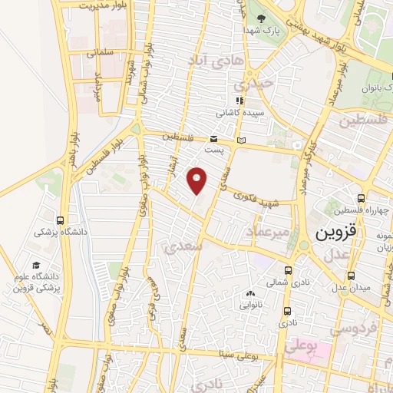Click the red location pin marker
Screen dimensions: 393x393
(197, 180)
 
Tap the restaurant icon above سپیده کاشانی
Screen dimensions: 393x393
(240, 101)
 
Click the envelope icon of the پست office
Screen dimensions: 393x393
(214, 138)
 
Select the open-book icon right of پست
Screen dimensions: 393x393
(242, 140)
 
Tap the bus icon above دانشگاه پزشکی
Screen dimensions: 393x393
(61, 220)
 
